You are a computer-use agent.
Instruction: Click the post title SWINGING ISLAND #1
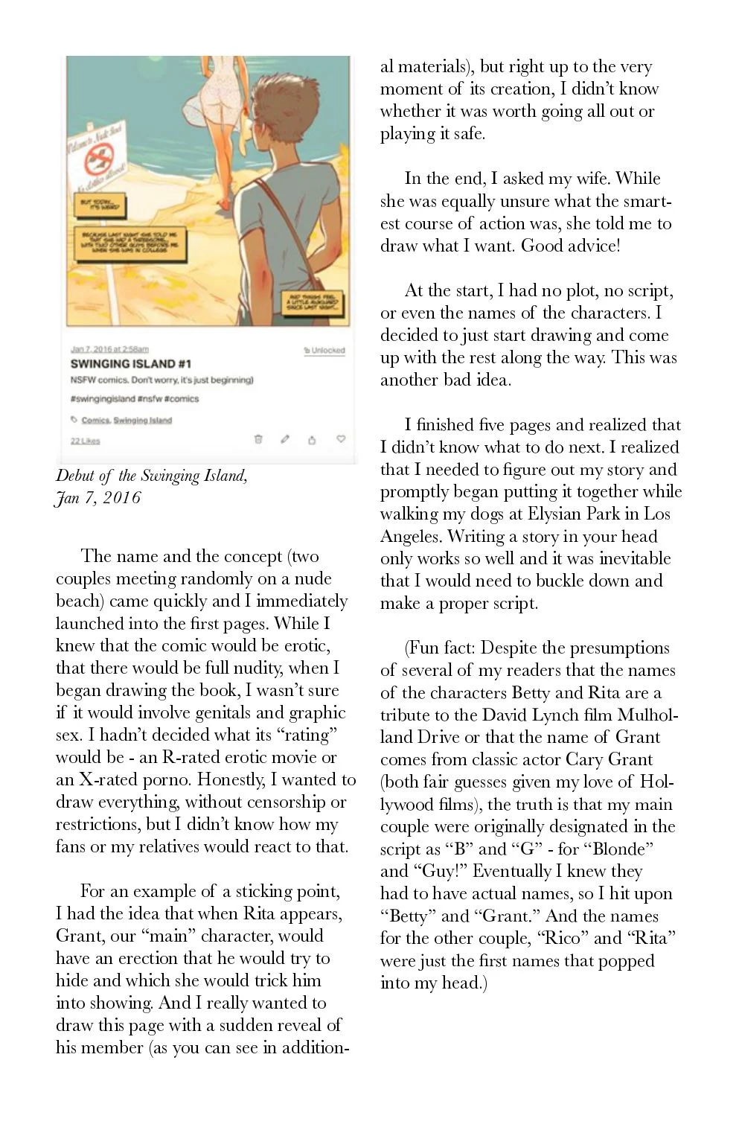(x=130, y=364)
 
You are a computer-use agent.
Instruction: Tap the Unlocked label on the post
(x=324, y=350)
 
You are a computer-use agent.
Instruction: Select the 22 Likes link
(x=85, y=441)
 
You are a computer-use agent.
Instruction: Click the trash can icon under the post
(x=258, y=439)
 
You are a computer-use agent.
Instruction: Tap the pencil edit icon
(x=285, y=439)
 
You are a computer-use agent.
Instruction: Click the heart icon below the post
(x=341, y=439)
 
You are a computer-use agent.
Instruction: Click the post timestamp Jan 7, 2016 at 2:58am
(x=109, y=349)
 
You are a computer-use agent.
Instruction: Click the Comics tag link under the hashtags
(x=95, y=420)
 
